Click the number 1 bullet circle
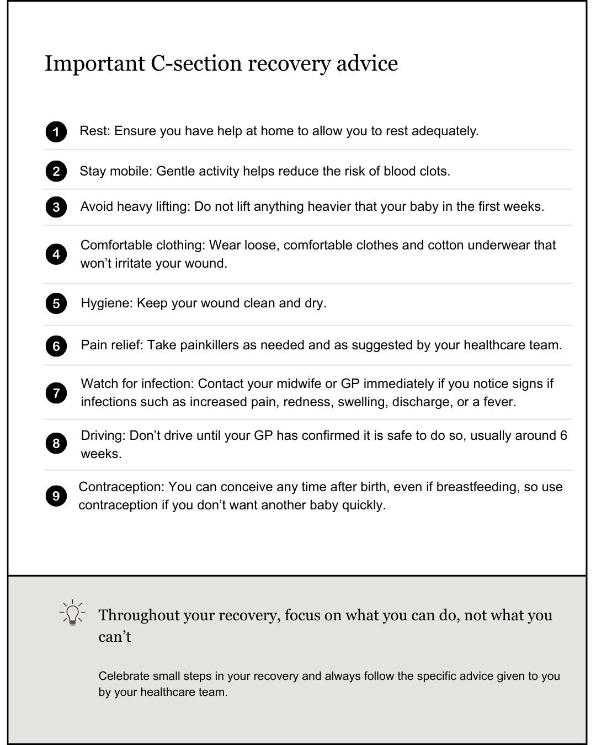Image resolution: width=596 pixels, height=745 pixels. tap(56, 132)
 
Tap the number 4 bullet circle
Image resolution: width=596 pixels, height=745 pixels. tap(56, 254)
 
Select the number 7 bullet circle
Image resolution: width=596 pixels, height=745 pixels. tap(56, 393)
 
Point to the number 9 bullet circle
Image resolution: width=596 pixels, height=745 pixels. tap(56, 496)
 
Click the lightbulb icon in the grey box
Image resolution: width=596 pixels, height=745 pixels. tap(72, 613)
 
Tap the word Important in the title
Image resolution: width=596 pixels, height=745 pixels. tap(94, 63)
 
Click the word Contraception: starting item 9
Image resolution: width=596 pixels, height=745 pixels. tap(122, 487)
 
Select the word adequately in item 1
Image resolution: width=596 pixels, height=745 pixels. tap(445, 131)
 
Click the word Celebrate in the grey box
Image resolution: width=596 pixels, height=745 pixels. tap(124, 676)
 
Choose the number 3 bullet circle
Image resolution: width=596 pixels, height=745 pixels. tap(56, 207)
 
